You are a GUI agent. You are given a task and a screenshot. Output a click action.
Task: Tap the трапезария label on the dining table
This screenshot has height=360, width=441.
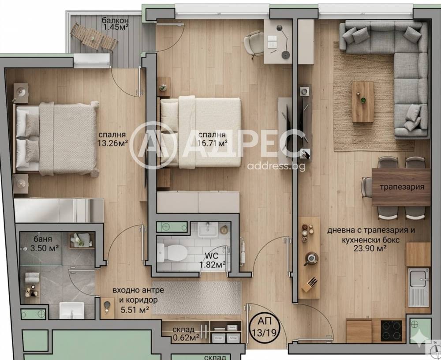[402, 187]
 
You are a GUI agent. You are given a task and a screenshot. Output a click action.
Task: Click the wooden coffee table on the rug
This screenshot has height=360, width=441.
[363, 102]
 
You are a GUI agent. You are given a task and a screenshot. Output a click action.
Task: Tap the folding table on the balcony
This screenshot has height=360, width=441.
[93, 37]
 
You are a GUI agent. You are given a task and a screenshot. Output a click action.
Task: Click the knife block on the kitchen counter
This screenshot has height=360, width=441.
[310, 285]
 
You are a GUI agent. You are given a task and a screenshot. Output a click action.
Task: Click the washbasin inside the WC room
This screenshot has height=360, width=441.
[208, 230]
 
